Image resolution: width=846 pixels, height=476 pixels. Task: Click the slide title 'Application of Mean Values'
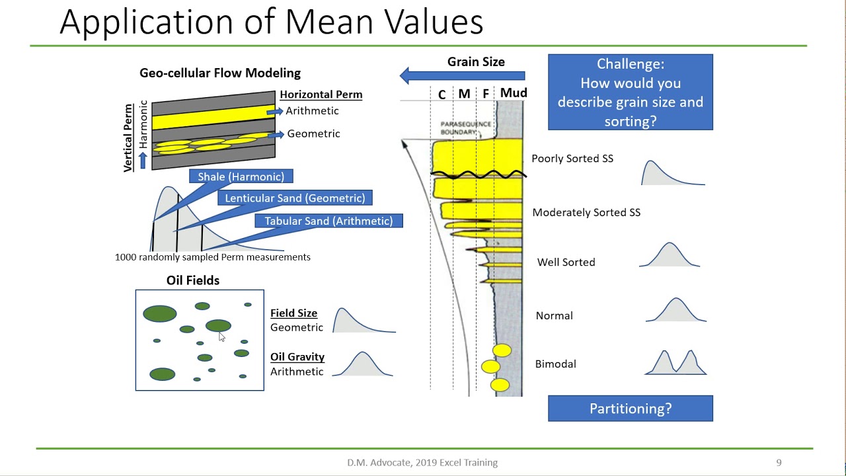pos(271,22)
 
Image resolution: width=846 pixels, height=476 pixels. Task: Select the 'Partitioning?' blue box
pos(630,409)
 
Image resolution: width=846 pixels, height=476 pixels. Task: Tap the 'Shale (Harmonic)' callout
pos(241,177)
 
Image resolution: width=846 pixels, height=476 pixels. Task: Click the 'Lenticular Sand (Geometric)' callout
pos(295,198)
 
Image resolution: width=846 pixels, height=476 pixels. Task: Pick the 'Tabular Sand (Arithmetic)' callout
pos(328,221)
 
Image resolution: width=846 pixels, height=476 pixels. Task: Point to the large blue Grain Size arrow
pos(462,76)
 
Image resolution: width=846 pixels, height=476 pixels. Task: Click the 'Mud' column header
pos(513,93)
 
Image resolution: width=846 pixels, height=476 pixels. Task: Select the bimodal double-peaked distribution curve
pos(675,364)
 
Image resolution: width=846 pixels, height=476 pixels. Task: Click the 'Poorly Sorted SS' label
pos(572,159)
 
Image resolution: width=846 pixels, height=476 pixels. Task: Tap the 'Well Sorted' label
pos(566,262)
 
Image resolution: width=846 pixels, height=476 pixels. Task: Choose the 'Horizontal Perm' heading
pos(321,95)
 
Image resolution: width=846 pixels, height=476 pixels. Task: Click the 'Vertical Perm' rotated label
pos(129,137)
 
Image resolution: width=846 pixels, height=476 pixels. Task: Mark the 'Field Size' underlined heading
pos(293,313)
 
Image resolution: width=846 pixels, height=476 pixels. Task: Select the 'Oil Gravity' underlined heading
pos(297,357)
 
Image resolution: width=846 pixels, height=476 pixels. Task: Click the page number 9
pos(779,463)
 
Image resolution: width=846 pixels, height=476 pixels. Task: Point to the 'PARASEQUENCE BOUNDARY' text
pos(465,128)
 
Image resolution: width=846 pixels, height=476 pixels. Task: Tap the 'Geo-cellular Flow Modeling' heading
pos(219,73)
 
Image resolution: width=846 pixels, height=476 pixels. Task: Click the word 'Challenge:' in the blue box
pos(630,64)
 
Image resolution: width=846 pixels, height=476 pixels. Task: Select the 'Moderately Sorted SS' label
pos(586,213)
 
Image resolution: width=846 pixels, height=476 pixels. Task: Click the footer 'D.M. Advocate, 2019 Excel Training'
pos(422,463)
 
